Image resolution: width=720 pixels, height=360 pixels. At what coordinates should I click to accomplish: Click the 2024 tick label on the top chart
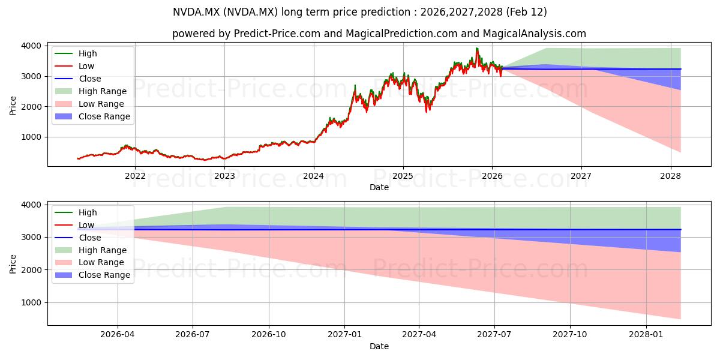click(313, 176)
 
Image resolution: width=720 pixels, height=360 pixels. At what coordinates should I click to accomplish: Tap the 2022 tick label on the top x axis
click(135, 176)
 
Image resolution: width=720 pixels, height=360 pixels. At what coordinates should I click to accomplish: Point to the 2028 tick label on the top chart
click(670, 176)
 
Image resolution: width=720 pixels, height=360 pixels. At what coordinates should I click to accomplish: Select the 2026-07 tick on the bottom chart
click(193, 335)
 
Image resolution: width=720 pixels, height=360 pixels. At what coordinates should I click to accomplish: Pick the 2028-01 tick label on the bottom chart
click(647, 335)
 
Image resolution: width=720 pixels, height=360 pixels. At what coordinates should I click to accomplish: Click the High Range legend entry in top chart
click(103, 91)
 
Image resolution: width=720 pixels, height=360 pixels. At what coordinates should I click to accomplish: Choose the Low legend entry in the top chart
click(86, 66)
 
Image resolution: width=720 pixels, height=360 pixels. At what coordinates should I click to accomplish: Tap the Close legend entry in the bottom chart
click(90, 238)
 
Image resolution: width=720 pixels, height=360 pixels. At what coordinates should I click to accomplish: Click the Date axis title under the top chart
click(379, 187)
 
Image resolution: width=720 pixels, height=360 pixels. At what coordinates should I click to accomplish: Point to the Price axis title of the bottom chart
click(13, 263)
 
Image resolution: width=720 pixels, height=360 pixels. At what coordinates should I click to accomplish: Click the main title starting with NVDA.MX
click(359, 12)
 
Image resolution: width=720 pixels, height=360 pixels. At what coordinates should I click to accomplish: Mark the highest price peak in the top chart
click(477, 48)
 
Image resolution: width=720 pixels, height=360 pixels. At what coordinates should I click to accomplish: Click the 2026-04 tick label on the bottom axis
click(118, 335)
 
